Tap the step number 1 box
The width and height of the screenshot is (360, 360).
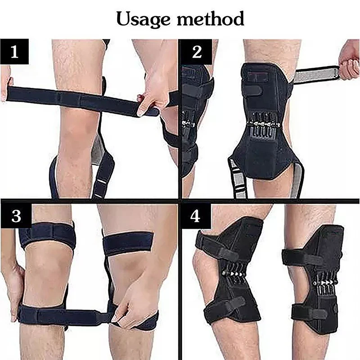15,52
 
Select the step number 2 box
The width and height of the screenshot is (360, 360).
197,52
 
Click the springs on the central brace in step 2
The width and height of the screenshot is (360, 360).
261,124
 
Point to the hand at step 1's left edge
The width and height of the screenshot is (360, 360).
5,83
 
